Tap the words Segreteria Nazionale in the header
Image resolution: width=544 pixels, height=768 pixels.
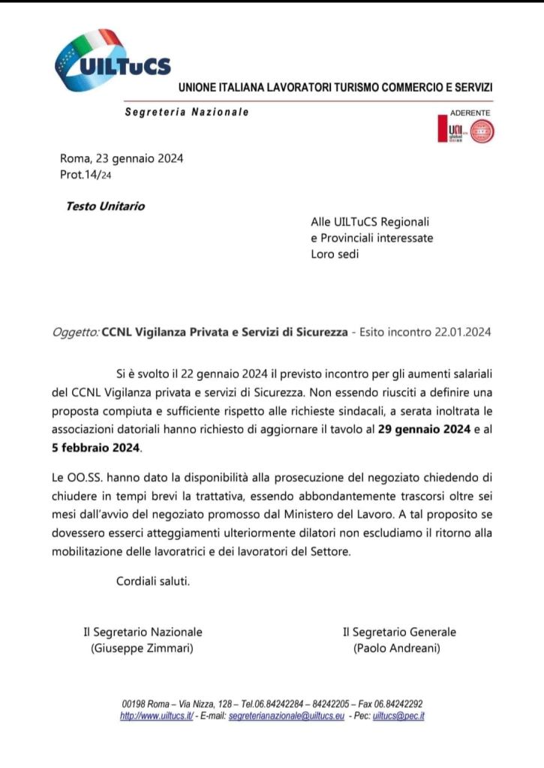point(186,112)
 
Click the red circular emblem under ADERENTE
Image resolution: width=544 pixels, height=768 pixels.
point(481,132)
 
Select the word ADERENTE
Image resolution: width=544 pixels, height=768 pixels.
point(470,112)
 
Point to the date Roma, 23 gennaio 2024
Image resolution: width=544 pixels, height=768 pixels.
point(122,158)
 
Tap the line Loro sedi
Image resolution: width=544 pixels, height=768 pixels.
point(335,253)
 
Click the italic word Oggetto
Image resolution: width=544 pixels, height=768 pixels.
point(76,332)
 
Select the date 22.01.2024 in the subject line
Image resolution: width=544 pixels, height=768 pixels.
point(462,332)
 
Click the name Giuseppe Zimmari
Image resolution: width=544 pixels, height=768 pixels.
point(142,649)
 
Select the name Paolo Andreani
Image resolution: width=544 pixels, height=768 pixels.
point(396,649)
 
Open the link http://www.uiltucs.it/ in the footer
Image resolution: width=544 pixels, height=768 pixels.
point(157,716)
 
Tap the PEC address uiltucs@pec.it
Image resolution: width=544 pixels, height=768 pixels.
point(399,716)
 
